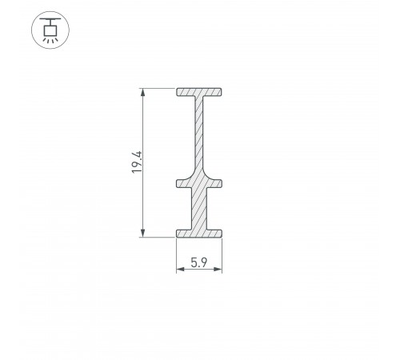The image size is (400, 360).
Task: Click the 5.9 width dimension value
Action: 199,261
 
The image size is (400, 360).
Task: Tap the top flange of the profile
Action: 199,93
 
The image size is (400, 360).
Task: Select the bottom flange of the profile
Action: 199,233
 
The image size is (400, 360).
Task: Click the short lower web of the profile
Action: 199,210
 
